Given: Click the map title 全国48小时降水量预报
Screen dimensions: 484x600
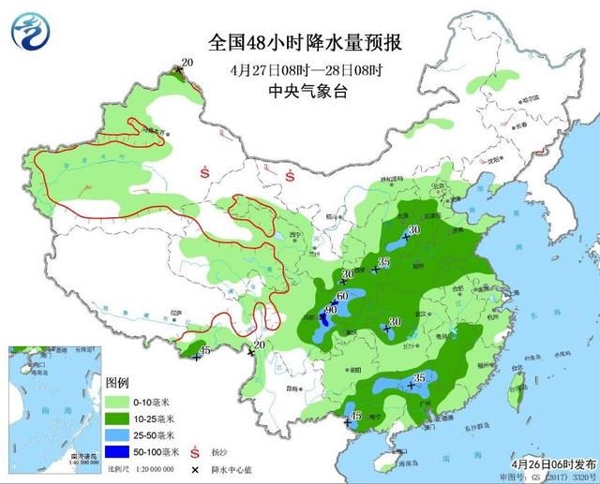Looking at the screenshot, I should [x=306, y=44].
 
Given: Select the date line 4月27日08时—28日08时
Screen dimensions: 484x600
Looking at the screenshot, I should [x=306, y=70].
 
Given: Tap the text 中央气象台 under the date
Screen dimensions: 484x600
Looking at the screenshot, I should [x=306, y=92].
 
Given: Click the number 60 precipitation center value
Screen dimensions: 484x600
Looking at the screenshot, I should [x=342, y=297].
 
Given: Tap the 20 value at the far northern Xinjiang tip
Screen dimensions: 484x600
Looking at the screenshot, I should [x=187, y=62].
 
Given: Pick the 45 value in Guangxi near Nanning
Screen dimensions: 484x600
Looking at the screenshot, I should [x=355, y=416].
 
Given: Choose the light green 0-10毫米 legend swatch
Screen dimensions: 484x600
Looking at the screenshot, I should [x=121, y=401].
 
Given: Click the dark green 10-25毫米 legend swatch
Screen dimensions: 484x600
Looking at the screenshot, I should [x=121, y=418].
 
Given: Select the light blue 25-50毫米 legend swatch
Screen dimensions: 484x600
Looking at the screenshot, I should [x=121, y=435].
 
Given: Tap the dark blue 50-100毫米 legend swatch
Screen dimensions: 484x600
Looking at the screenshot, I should [x=121, y=452].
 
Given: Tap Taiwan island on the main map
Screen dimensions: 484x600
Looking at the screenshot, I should [x=513, y=394].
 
